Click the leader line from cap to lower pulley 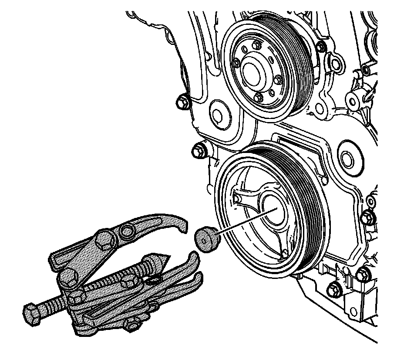pos(244,222)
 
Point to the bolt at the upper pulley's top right pos(321,46)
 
